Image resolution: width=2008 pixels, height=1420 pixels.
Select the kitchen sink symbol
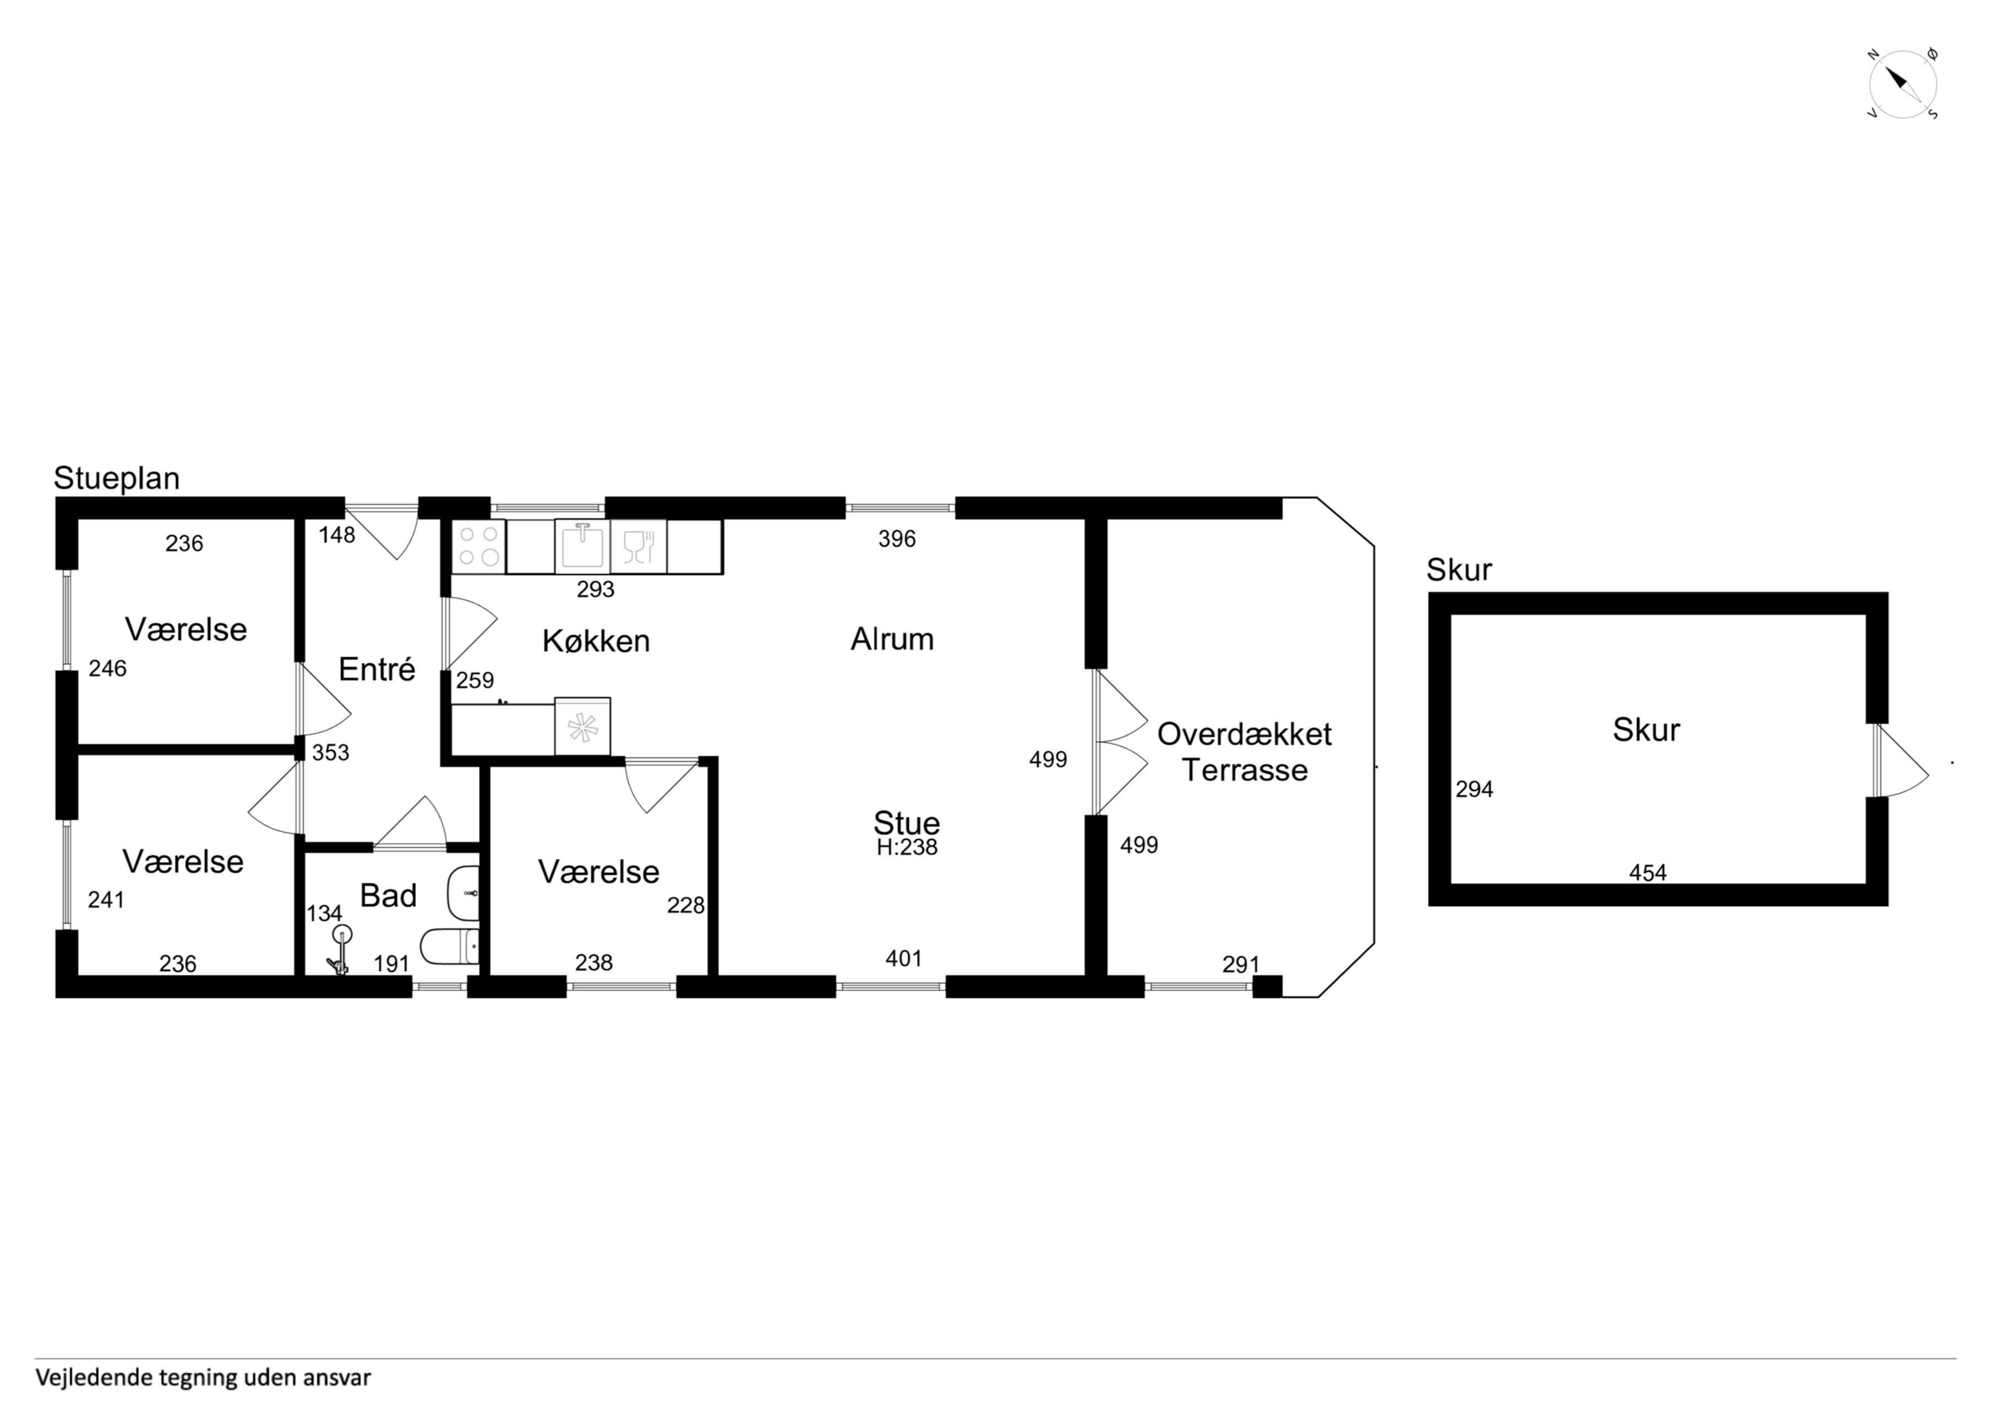[x=582, y=546]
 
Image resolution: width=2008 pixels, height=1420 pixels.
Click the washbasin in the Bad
[x=463, y=894]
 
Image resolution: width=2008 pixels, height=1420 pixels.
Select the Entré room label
[x=377, y=670]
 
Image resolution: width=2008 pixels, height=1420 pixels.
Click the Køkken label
[x=597, y=641]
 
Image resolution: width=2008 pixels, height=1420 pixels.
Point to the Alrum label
[x=892, y=640]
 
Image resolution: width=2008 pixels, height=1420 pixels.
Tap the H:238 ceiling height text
[x=907, y=847]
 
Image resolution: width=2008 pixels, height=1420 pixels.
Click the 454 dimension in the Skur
[x=1647, y=872]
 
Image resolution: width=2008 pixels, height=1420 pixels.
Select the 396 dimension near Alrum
[x=897, y=539]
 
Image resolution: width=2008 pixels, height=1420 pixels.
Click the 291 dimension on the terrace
[x=1241, y=964]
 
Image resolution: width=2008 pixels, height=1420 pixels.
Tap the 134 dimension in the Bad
[x=324, y=913]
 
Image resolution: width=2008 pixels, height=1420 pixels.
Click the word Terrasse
[x=1245, y=771]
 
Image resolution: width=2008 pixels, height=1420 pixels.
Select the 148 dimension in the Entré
[x=337, y=535]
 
